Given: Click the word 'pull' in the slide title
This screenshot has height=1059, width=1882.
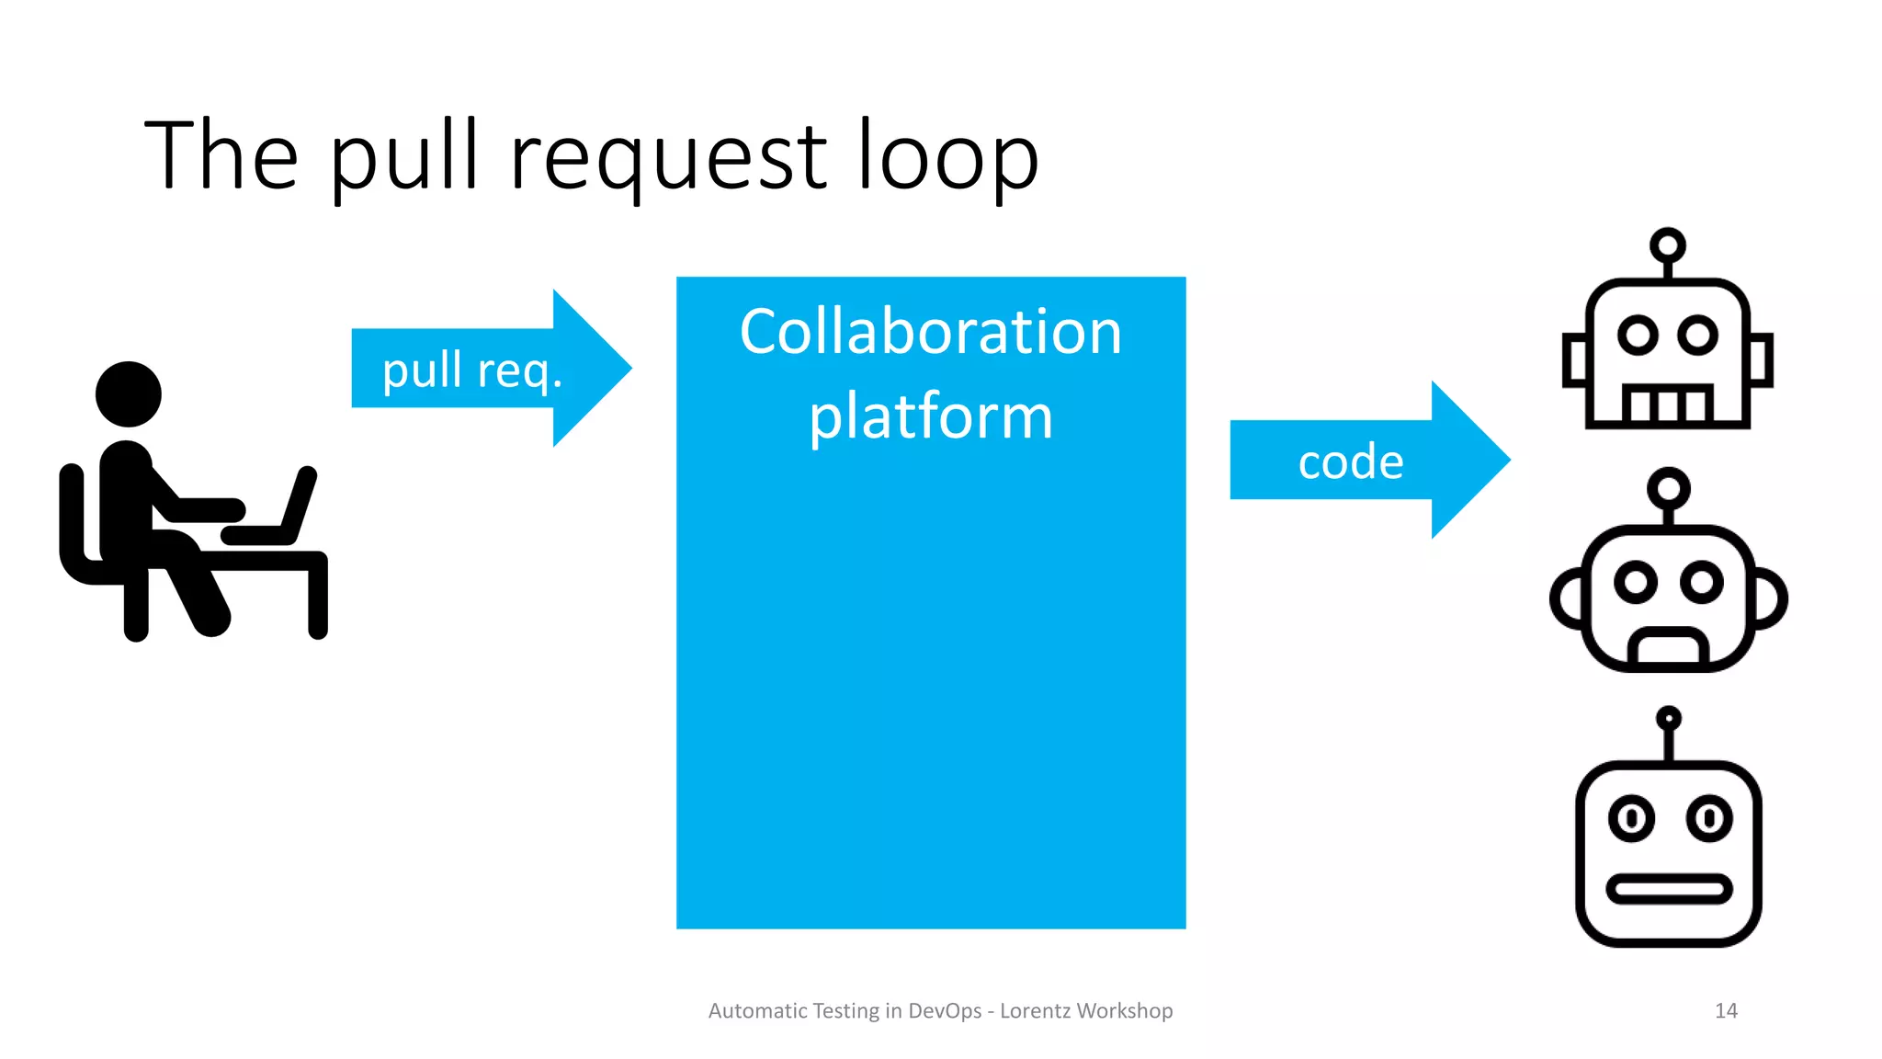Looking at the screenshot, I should tap(404, 158).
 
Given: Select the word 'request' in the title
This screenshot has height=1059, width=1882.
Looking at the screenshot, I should tap(669, 158).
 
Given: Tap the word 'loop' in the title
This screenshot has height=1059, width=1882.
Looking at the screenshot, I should tap(948, 158).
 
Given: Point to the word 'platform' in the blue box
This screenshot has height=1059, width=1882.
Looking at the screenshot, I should tap(930, 416).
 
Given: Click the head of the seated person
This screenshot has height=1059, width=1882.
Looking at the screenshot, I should tap(129, 393).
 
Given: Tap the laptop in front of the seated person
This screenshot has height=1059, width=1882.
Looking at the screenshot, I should tap(276, 515).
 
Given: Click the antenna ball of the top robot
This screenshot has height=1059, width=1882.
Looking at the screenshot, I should tap(1667, 245).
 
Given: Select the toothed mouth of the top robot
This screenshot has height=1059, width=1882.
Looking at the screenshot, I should tap(1667, 404).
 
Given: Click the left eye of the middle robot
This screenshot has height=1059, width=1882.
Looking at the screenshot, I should tap(1635, 582).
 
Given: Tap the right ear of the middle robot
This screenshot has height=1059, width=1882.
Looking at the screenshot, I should tap(1769, 598).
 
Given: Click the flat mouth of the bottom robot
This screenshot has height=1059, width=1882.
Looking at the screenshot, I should tap(1668, 889).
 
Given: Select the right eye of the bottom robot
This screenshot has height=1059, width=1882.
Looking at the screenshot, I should tap(1708, 817).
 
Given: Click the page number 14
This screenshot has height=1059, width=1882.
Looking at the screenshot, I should tap(1726, 1010).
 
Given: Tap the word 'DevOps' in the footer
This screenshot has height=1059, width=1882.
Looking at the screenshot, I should tap(945, 1010).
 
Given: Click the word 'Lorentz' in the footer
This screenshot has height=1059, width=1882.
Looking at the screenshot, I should tap(1035, 1010).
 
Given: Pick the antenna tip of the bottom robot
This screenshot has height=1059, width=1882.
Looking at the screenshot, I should tap(1668, 718).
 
